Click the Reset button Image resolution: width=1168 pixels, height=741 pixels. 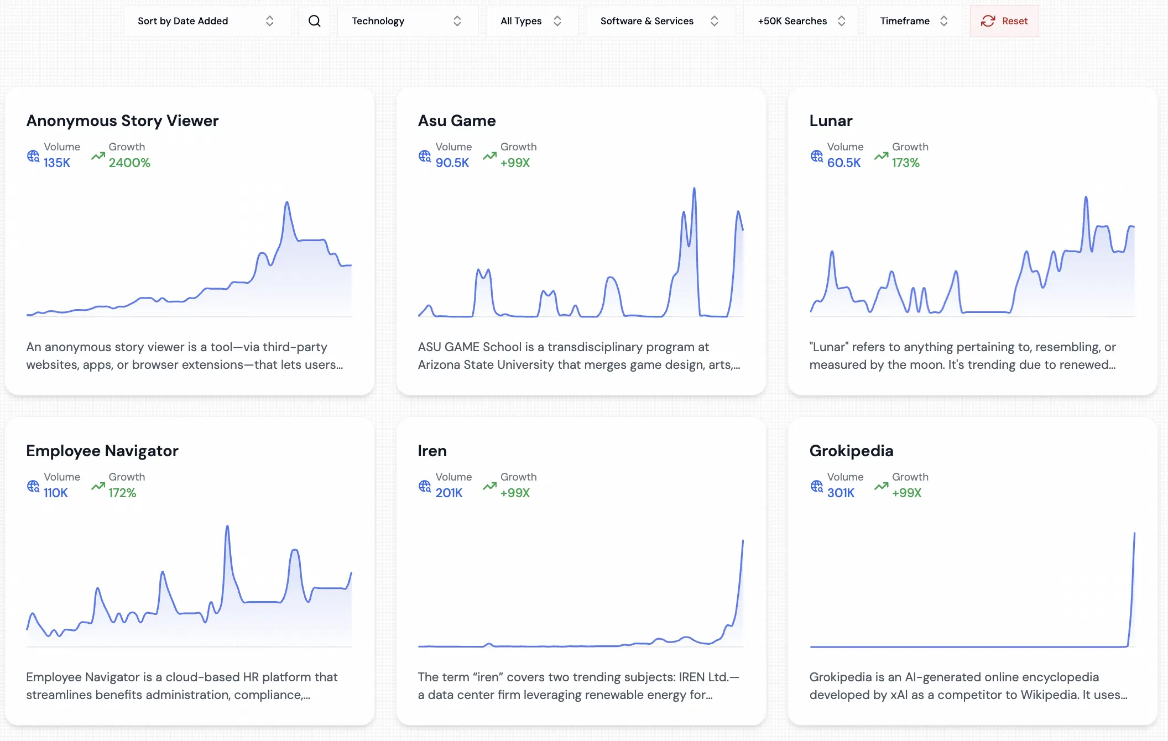coord(1004,21)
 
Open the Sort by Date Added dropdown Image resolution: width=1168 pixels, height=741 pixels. coord(206,21)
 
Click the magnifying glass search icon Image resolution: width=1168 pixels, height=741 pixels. coord(314,21)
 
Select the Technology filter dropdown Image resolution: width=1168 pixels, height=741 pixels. coord(407,21)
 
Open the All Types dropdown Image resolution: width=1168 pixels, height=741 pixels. coord(531,21)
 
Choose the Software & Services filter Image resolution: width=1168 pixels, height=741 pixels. coord(659,21)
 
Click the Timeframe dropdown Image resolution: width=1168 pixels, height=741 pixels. coord(914,21)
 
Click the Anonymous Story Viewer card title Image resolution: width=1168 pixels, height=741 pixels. coord(122,121)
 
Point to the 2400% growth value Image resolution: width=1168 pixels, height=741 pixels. coord(129,163)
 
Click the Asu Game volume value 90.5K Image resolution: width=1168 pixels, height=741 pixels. coord(452,163)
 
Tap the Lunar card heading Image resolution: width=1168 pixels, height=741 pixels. coord(831,121)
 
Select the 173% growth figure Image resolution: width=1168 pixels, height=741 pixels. coord(905,163)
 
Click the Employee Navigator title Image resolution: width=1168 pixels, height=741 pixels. coord(102,451)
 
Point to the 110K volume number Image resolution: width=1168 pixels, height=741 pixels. coord(56,493)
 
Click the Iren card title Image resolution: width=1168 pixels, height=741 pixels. coord(432,451)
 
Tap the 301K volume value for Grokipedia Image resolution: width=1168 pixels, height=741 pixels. coord(841,493)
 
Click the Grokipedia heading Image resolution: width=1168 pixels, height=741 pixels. coord(851,451)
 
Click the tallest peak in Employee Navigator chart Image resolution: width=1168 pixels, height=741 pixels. coord(227,527)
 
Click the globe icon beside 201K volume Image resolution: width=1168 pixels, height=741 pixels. coord(424,486)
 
